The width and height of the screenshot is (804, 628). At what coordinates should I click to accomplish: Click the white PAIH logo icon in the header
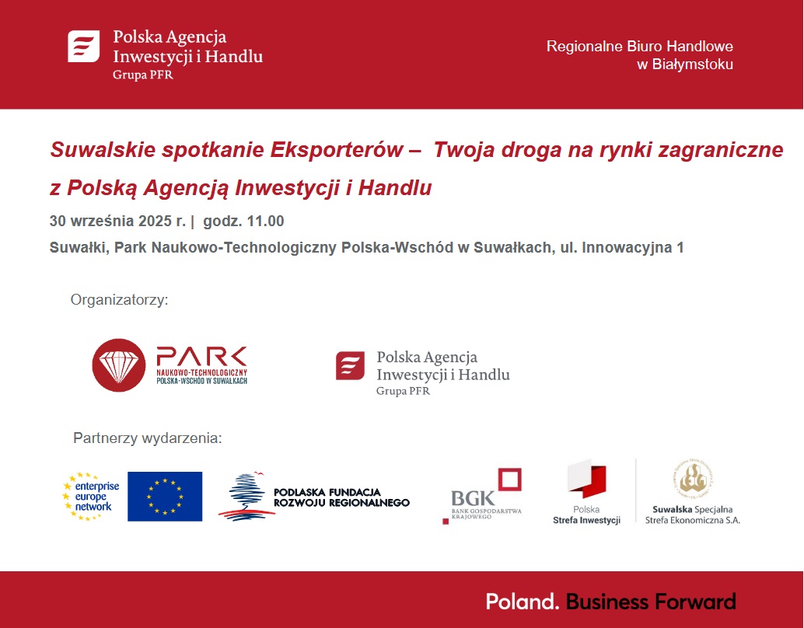(83, 46)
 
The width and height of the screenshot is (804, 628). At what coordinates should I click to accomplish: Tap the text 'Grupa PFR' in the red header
(142, 75)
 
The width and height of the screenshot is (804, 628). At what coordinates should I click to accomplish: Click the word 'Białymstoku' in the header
(692, 65)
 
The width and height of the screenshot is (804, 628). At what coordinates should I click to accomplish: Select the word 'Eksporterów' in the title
(337, 150)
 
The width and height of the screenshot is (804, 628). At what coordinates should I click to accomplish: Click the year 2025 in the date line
(155, 221)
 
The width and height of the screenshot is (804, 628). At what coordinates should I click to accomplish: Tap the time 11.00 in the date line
(266, 221)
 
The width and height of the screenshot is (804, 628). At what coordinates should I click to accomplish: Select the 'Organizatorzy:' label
(120, 299)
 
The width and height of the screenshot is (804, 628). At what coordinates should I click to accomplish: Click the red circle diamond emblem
(118, 365)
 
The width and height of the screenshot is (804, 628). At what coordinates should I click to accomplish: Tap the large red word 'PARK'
(201, 357)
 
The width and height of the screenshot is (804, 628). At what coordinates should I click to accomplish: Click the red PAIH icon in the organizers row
(350, 365)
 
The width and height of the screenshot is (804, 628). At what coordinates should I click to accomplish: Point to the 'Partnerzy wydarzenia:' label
(148, 438)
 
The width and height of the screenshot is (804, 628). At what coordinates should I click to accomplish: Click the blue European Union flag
(165, 496)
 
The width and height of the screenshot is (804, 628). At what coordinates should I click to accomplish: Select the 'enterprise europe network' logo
(91, 496)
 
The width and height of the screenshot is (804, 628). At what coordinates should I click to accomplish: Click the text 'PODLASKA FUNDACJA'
(327, 492)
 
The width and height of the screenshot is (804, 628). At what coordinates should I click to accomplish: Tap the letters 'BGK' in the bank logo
(473, 498)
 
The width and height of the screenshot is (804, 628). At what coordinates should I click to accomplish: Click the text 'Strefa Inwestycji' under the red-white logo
(586, 520)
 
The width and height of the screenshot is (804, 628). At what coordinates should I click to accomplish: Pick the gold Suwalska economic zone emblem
(694, 478)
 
